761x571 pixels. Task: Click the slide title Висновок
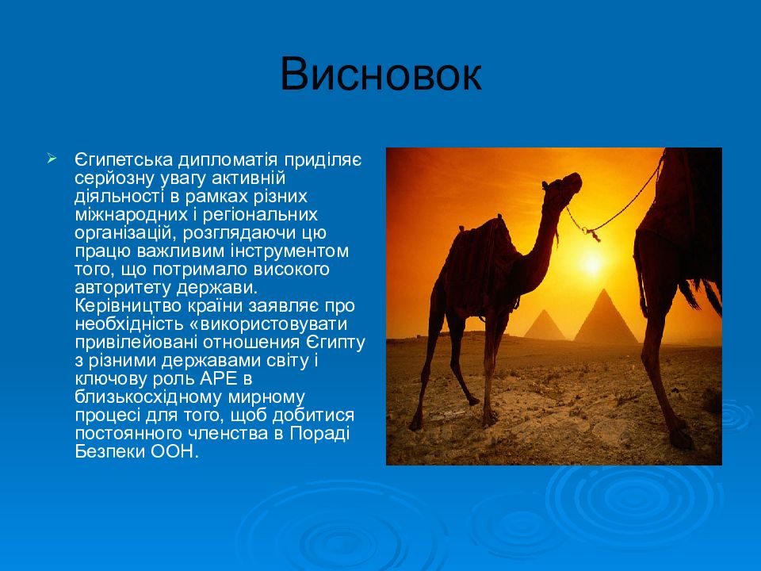click(381, 75)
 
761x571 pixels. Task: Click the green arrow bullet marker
click(52, 159)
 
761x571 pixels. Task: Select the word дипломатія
click(228, 160)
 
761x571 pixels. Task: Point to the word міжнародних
click(131, 215)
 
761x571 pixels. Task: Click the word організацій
click(126, 233)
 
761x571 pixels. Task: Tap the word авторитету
click(123, 288)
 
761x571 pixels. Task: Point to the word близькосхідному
click(148, 397)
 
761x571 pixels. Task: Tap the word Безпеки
click(110, 452)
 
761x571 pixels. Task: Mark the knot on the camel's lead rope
click(592, 234)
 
